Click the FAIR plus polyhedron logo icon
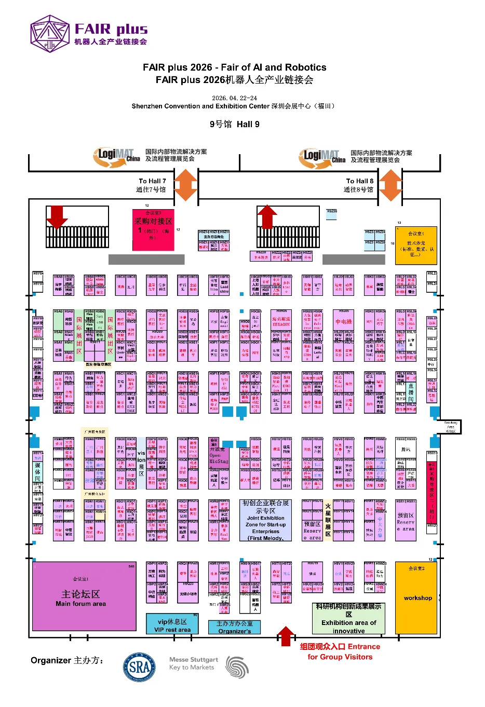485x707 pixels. pyautogui.click(x=50, y=34)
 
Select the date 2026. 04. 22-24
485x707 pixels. pyautogui.click(x=234, y=98)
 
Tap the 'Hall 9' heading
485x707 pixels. pyautogui.click(x=235, y=124)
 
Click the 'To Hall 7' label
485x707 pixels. pyautogui.click(x=152, y=181)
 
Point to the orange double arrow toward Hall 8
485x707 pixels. pyautogui.click(x=390, y=185)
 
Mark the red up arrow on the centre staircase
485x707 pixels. pyautogui.click(x=267, y=216)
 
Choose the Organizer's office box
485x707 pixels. pyautogui.click(x=234, y=627)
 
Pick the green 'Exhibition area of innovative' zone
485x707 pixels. pyautogui.click(x=348, y=618)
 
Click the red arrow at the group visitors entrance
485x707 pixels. pyautogui.click(x=286, y=635)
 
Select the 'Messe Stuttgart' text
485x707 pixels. pyautogui.click(x=193, y=659)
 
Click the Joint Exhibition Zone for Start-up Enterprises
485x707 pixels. pyautogui.click(x=265, y=520)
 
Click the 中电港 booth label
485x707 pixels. pyautogui.click(x=343, y=322)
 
